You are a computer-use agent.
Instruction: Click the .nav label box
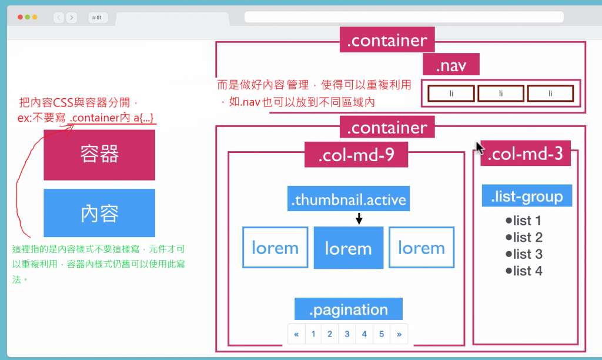click(x=451, y=65)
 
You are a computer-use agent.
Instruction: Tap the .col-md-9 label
click(x=356, y=155)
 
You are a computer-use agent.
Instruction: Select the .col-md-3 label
click(x=526, y=154)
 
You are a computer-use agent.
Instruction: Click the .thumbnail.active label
click(x=348, y=199)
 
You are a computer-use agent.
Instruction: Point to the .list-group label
click(x=527, y=196)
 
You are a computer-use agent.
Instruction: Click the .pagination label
click(x=348, y=309)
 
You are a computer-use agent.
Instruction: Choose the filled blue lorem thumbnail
click(x=348, y=248)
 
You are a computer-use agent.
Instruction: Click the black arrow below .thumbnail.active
click(x=359, y=219)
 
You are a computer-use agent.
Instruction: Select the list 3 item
click(x=524, y=254)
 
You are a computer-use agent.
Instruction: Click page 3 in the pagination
click(x=347, y=334)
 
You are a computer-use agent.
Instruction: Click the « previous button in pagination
click(x=296, y=334)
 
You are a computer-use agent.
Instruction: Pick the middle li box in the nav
click(x=500, y=94)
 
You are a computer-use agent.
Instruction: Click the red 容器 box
click(x=99, y=154)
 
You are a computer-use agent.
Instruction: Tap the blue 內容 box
click(x=99, y=213)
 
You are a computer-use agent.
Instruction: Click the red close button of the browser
click(x=21, y=18)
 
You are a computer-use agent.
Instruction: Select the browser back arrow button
click(x=59, y=18)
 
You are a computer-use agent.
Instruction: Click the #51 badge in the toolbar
click(x=97, y=18)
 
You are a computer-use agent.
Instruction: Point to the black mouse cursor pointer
click(x=480, y=146)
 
